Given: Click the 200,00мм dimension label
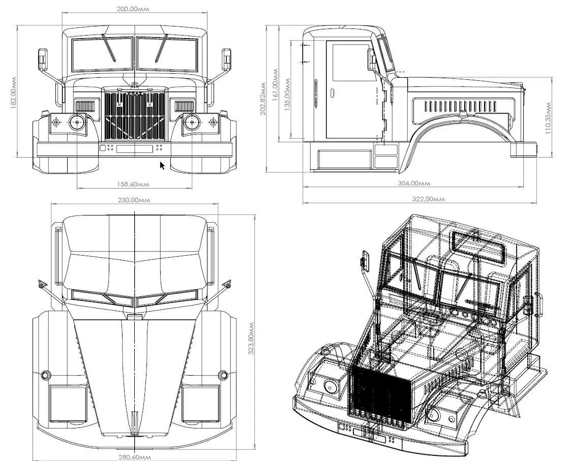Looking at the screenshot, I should point(134,9).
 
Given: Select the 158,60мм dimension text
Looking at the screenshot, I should point(134,184).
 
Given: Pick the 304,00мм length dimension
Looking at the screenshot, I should point(413,183).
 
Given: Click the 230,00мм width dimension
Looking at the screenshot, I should point(134,200).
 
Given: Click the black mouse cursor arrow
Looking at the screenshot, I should point(162,165).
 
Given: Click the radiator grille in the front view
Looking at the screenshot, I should point(135,116).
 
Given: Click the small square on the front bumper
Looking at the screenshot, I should point(103,148).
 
